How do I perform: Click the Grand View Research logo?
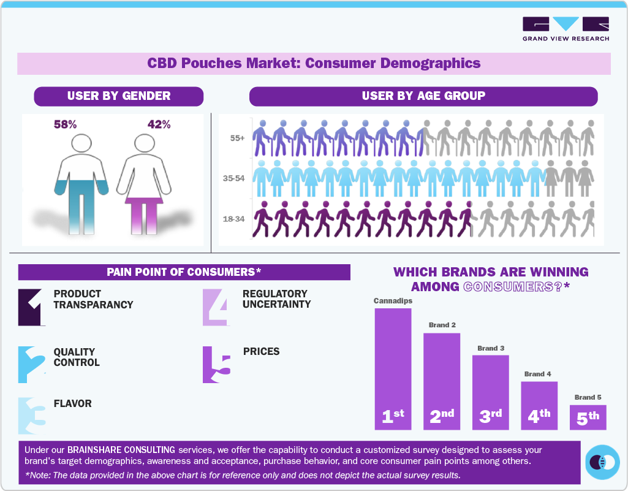pos(566,29)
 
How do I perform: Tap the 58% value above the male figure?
pos(65,124)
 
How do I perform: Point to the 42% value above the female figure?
pos(159,124)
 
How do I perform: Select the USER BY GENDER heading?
pos(119,96)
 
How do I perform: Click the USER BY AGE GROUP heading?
pos(423,96)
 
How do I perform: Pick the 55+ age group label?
pos(238,139)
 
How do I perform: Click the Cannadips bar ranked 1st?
pos(393,368)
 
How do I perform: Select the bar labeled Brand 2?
pos(442,381)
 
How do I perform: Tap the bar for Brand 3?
pos(490,392)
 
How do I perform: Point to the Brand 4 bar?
pos(539,405)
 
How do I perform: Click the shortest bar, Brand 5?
pos(588,417)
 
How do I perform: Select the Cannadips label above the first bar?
pos(393,301)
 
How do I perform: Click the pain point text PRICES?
pos(261,352)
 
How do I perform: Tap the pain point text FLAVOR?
pos(73,404)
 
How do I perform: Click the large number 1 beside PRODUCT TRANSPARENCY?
pos(31,307)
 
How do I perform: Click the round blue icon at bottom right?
pos(603,462)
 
